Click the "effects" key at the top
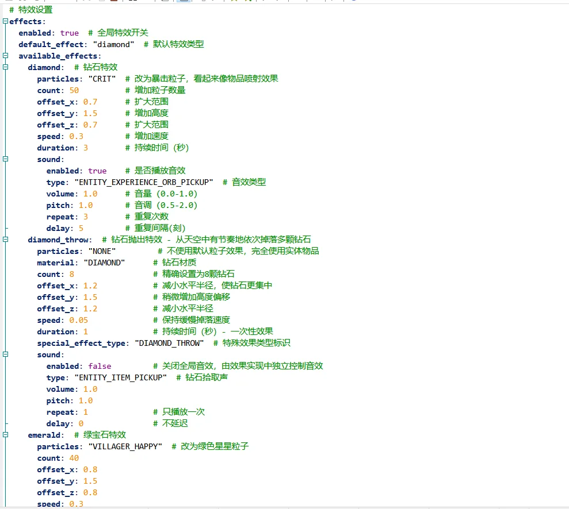25,22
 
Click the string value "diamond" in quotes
113,45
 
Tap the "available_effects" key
58,56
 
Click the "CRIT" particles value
102,79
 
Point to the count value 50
74,91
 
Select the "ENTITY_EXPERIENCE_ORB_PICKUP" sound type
144,182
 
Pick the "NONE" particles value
102,252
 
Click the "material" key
56,263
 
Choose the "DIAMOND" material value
104,263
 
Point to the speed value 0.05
78,320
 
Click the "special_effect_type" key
81,344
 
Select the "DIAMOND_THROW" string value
169,344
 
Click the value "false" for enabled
100,367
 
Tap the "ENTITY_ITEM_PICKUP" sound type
120,378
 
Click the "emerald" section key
44,435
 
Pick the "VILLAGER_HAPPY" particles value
125,447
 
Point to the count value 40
74,458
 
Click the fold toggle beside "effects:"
5,21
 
